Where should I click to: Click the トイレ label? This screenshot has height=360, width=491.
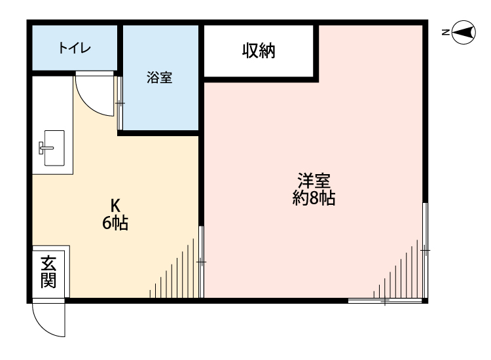(x=74, y=48)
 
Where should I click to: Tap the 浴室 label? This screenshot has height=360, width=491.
(x=159, y=78)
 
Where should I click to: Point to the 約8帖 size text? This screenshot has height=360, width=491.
(x=314, y=198)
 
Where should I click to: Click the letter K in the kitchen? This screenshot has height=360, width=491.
(x=115, y=204)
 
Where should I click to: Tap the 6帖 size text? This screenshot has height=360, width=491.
(x=115, y=223)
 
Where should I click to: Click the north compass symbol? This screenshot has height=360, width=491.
(x=464, y=31)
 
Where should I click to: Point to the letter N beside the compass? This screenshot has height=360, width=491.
(x=445, y=31)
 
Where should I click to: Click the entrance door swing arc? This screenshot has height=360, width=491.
(x=47, y=321)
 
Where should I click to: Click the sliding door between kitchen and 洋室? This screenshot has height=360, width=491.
(x=201, y=262)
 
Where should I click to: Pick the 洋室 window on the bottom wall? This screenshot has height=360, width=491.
(x=386, y=301)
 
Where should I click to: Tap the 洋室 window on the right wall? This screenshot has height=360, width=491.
(x=425, y=250)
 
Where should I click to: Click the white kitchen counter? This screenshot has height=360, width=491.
(x=51, y=124)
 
